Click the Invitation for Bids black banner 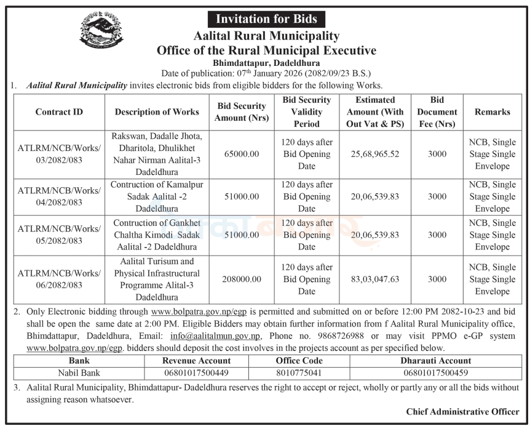266,19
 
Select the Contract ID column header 59,112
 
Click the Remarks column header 492,112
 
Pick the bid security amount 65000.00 241,154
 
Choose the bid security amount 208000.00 241,279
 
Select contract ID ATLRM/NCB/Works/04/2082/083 59,196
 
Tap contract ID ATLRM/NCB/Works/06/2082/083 59,279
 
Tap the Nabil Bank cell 79,372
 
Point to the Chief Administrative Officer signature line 462,411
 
